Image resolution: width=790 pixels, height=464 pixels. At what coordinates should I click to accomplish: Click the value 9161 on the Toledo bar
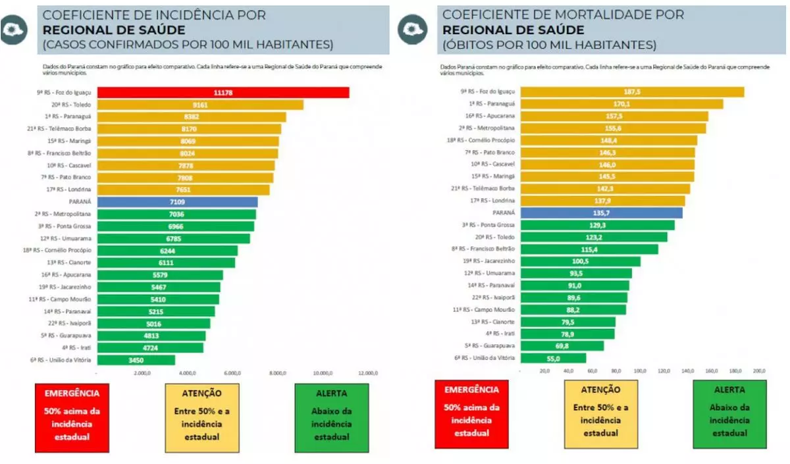click(x=200, y=105)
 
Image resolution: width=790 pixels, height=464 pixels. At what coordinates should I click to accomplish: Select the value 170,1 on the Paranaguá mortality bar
click(x=621, y=104)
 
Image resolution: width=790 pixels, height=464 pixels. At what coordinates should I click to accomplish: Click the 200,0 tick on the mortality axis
click(x=758, y=371)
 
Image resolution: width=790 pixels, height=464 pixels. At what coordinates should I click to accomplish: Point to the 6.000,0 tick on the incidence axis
click(x=232, y=373)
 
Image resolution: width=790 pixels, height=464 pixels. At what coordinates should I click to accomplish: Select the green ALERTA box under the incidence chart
click(x=332, y=418)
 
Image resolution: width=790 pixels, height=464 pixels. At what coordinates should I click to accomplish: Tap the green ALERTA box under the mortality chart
click(x=729, y=413)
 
